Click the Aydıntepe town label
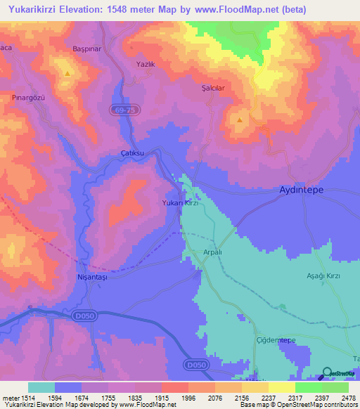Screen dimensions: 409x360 302,190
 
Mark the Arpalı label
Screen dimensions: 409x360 213,252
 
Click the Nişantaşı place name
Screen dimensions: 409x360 90,277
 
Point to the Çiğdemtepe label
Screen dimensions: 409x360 273,340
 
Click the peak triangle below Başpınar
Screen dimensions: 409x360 67,73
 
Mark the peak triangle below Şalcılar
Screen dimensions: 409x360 240,119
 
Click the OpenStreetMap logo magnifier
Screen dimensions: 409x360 327,374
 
